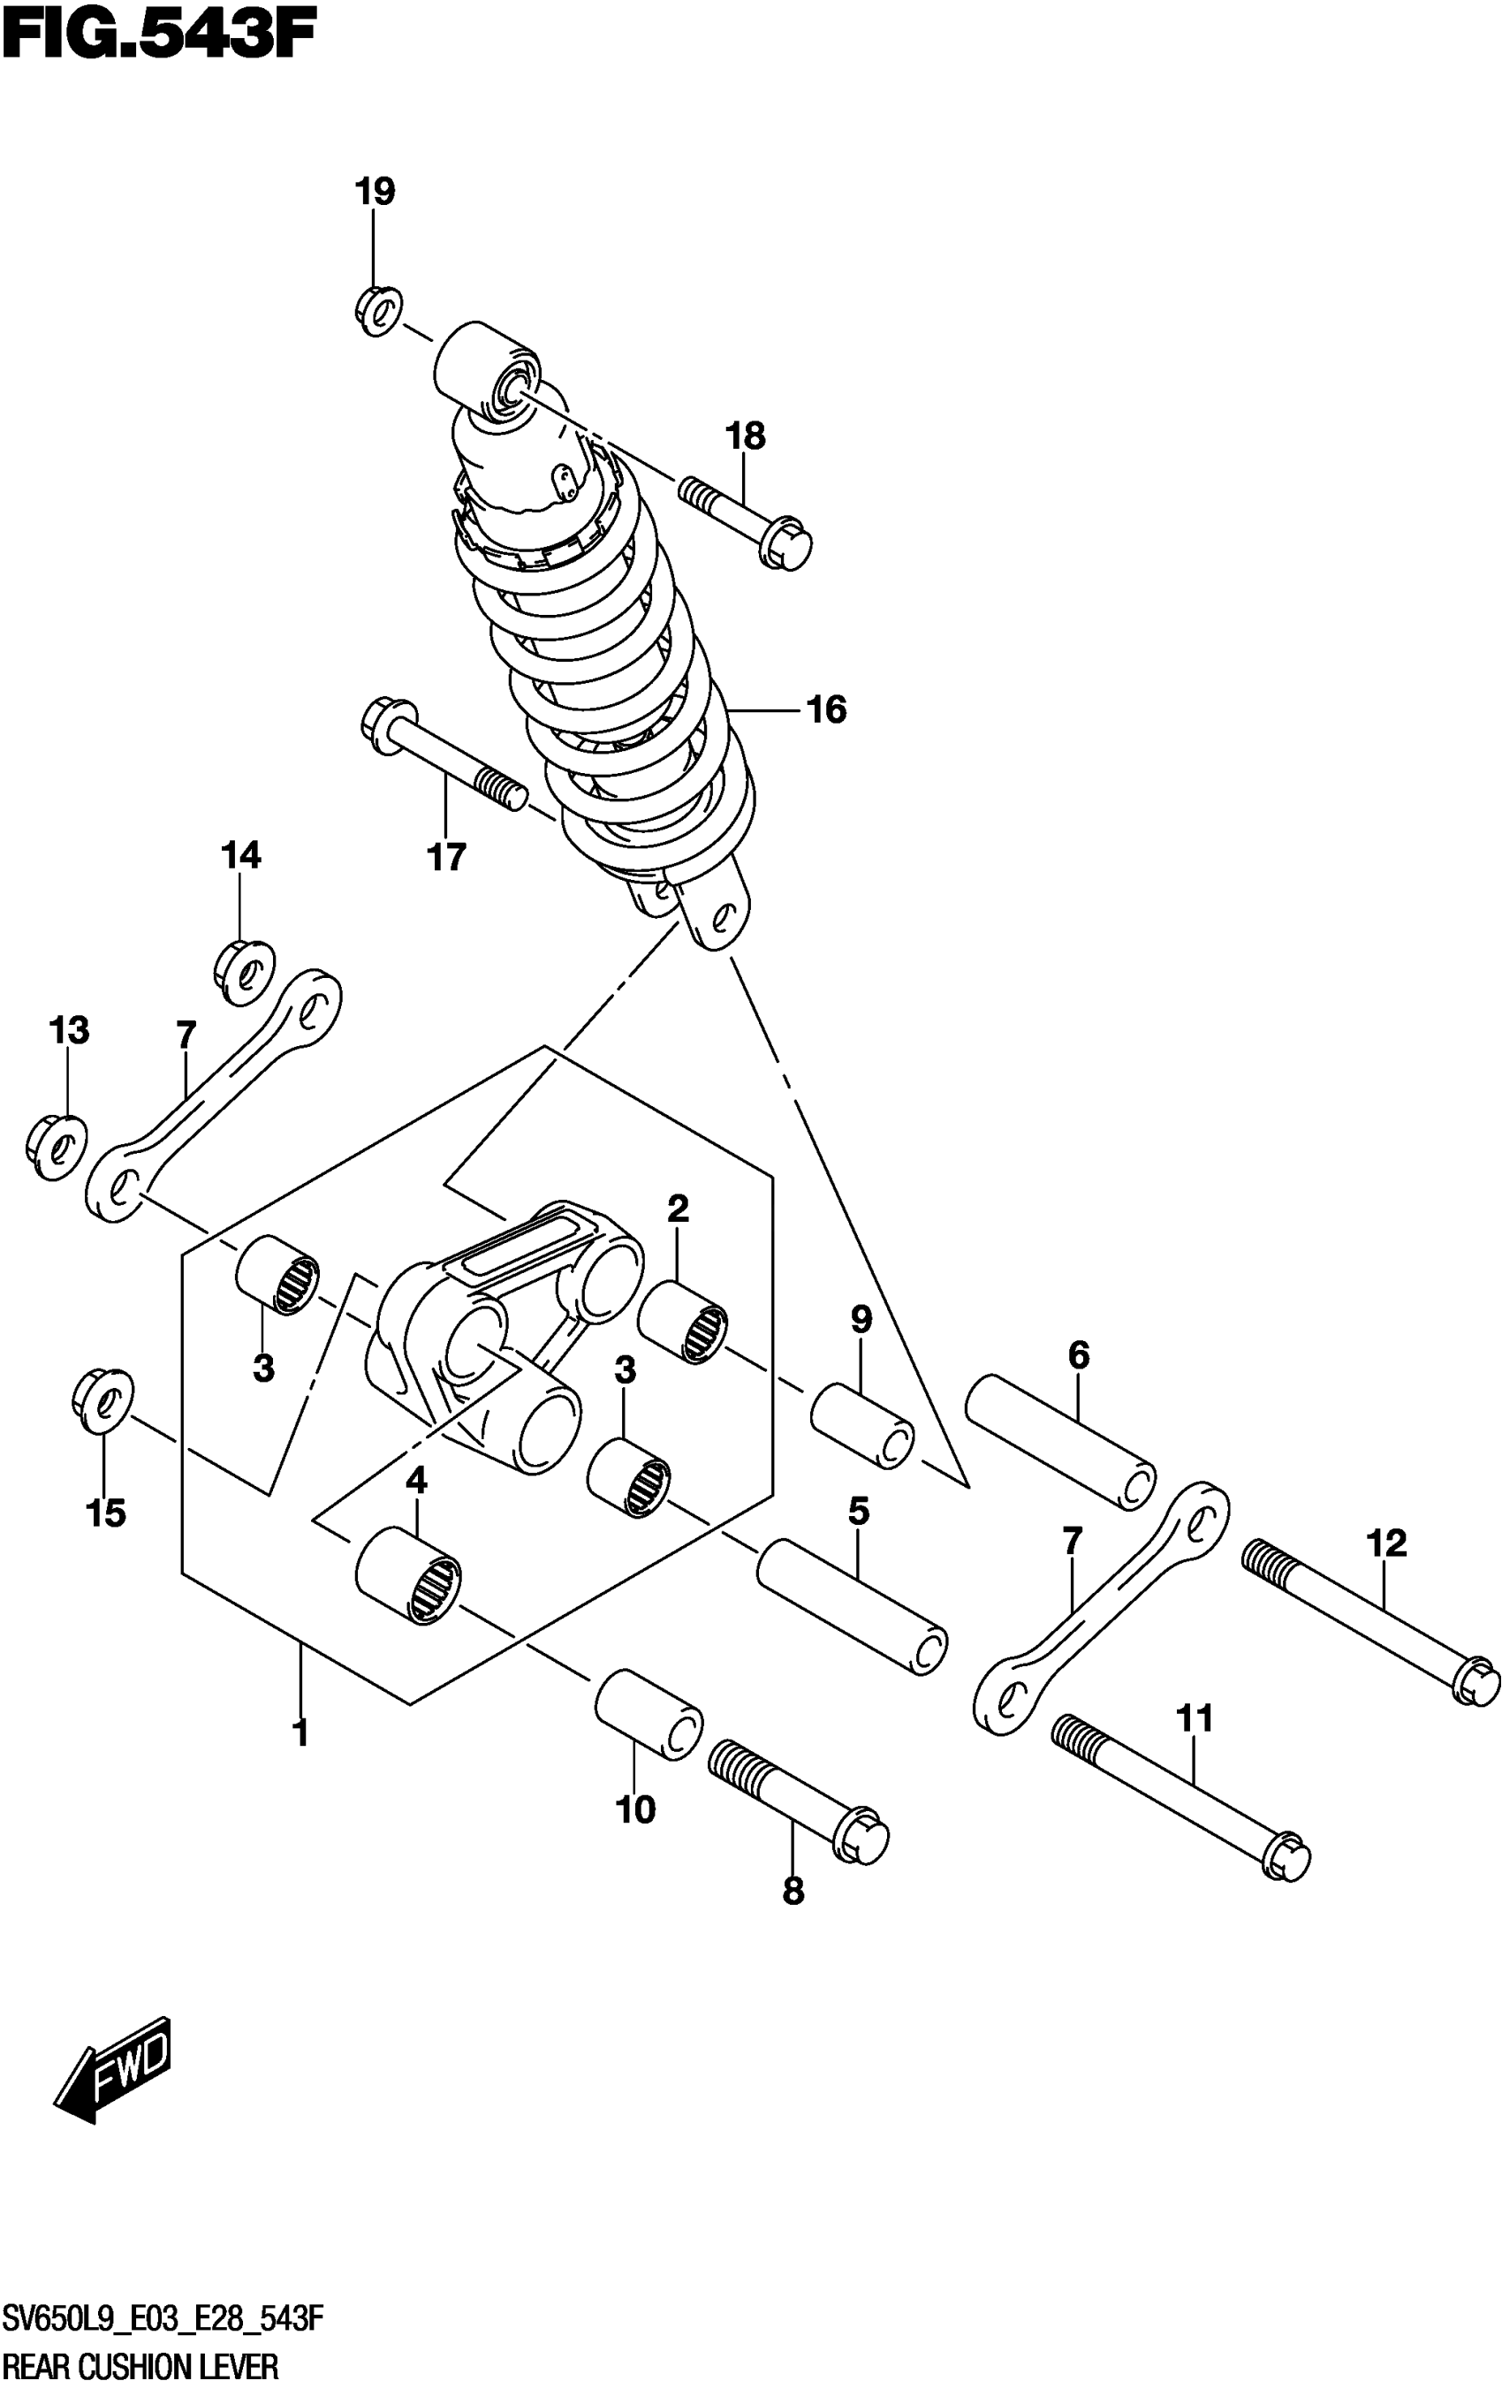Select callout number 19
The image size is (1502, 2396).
(375, 190)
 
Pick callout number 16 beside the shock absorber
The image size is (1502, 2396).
(826, 709)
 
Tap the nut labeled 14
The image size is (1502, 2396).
(245, 971)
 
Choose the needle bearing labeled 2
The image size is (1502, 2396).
(681, 1320)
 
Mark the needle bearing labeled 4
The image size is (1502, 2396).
(408, 1576)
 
